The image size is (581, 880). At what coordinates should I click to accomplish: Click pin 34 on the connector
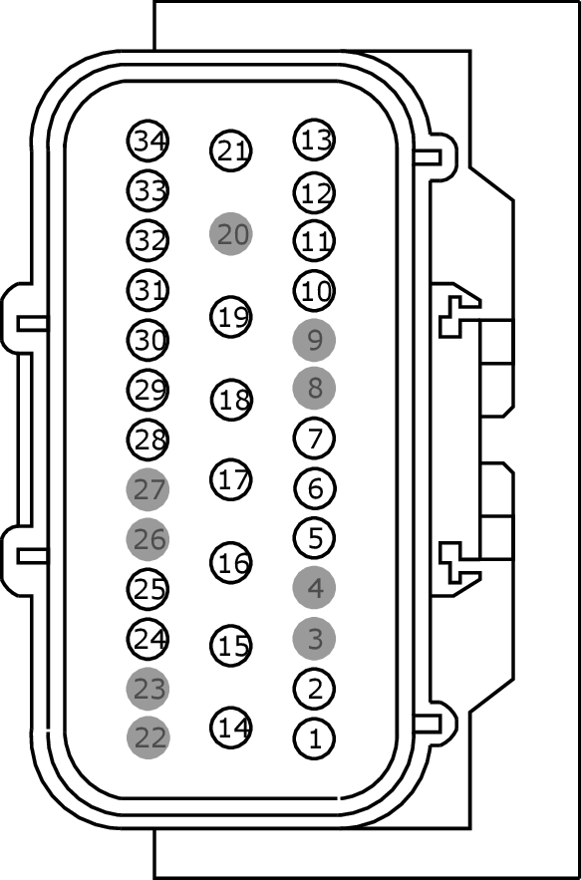[147, 141]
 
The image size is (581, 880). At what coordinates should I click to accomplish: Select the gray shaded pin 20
[231, 233]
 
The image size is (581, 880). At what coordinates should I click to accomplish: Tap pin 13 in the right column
[314, 140]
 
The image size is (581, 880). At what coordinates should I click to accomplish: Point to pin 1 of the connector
[314, 738]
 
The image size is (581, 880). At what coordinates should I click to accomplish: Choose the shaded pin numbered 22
[147, 737]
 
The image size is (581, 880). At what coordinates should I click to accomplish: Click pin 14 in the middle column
[231, 728]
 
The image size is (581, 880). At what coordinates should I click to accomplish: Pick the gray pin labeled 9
[314, 340]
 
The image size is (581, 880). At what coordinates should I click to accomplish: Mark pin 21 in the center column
[231, 150]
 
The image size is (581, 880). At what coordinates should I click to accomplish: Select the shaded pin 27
[147, 489]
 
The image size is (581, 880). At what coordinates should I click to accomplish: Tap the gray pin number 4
[314, 588]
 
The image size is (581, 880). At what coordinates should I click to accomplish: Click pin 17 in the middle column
[231, 479]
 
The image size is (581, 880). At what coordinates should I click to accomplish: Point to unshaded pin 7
[314, 439]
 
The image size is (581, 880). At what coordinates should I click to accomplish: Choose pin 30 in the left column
[147, 340]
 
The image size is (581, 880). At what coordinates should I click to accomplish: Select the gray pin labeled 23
[147, 688]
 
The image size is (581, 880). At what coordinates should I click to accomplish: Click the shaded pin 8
[314, 389]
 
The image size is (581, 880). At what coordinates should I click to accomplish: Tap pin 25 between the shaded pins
[147, 589]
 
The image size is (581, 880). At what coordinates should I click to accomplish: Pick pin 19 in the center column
[231, 317]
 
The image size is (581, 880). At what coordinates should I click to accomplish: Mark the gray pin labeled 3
[314, 639]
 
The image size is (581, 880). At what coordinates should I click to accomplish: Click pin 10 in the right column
[314, 291]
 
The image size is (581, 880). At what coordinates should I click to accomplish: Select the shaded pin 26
[147, 539]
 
